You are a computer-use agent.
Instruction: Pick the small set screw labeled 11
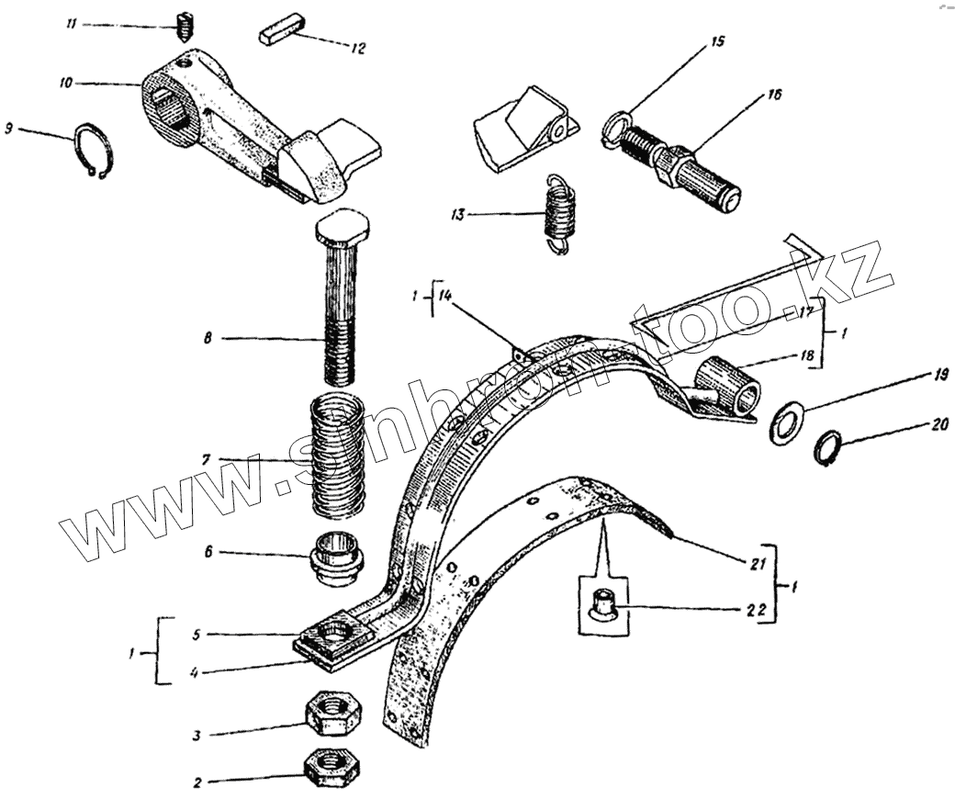click(x=185, y=26)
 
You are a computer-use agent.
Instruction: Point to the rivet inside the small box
click(x=604, y=607)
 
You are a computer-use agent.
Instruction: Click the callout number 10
click(x=65, y=83)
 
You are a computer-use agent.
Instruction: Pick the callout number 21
click(x=758, y=565)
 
